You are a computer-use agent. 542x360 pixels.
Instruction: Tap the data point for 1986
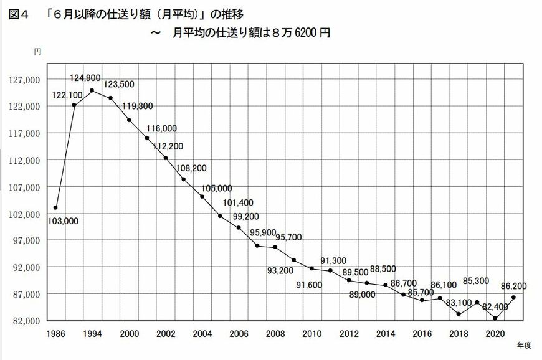pos(55,207)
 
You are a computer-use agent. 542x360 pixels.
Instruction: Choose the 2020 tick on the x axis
pos(495,333)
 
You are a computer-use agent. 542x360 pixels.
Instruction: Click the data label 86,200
pos(513,286)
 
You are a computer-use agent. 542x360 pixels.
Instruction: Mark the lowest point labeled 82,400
pos(495,318)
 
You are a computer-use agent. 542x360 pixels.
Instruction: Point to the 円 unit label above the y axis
pos(37,52)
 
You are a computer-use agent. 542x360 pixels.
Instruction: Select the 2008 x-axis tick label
pos(275,333)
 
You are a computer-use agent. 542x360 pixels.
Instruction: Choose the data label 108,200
pos(192,168)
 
